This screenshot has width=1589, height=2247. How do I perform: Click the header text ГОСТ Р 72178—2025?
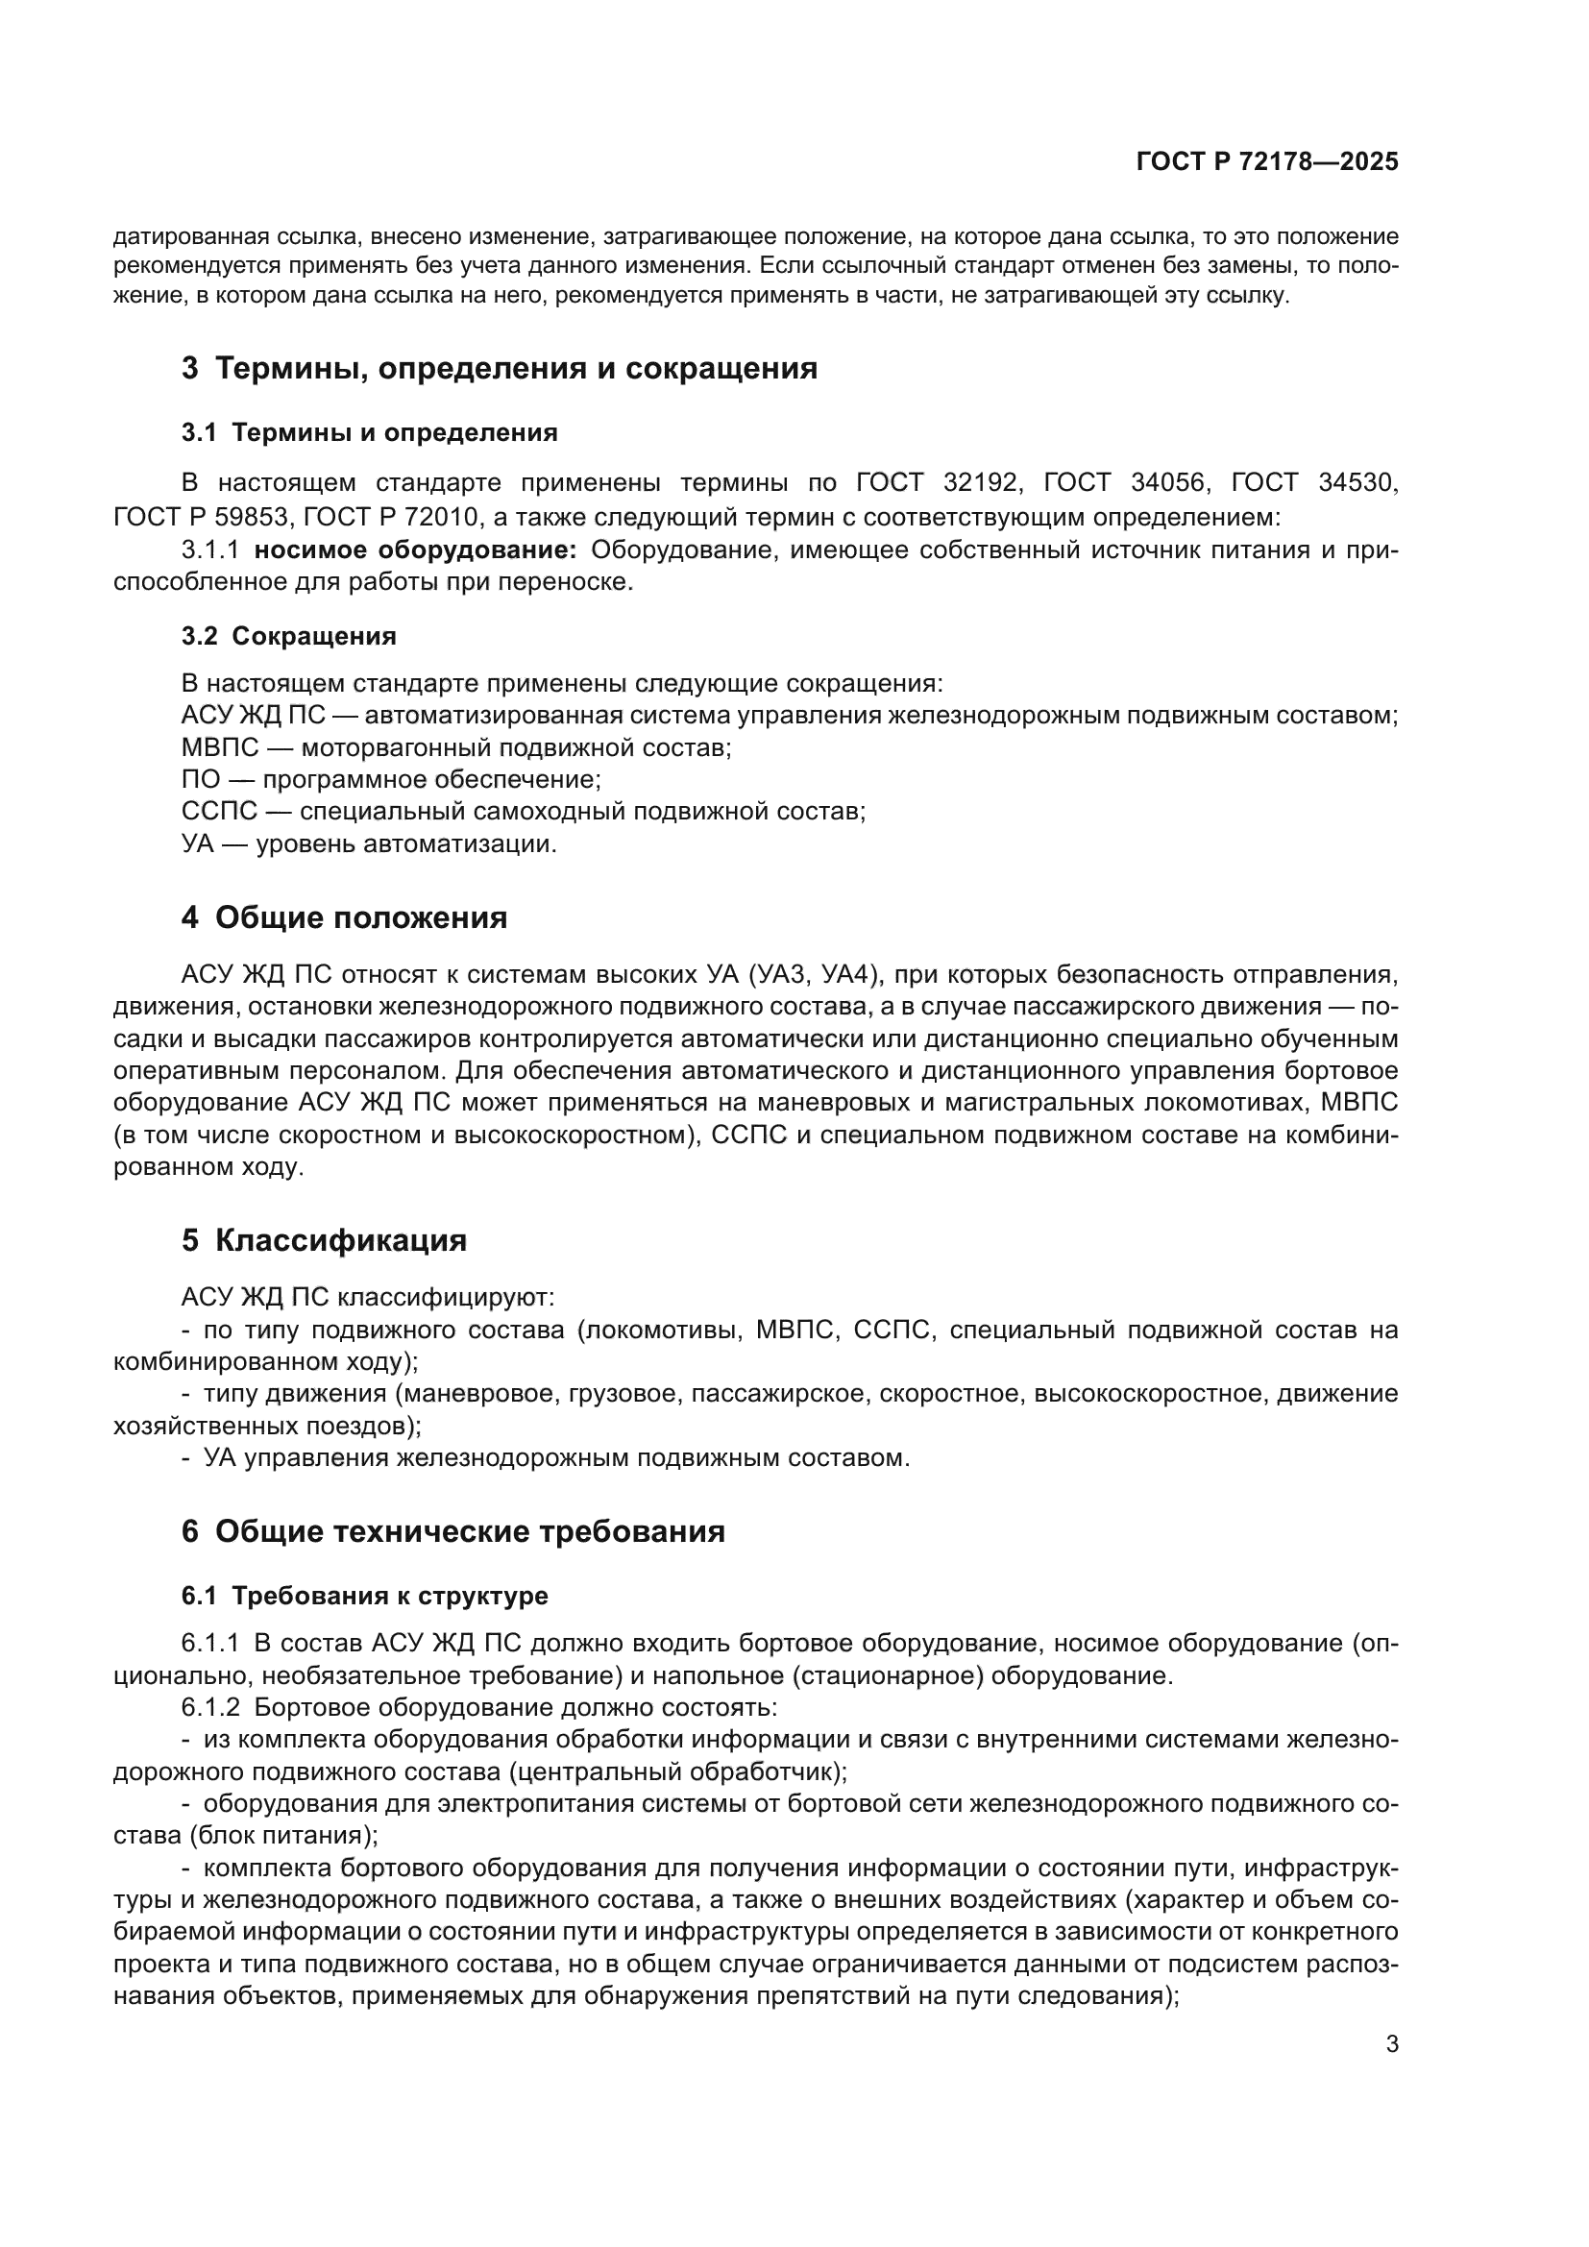(1266, 162)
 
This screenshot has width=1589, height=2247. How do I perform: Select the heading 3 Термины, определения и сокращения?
(499, 369)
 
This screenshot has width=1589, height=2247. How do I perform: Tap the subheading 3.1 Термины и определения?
(369, 432)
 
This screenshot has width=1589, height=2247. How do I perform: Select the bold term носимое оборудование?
(415, 550)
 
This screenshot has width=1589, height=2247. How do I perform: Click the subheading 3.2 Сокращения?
(288, 636)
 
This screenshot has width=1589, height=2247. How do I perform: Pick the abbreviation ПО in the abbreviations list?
(201, 780)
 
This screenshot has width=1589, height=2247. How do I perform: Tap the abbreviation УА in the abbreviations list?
(198, 843)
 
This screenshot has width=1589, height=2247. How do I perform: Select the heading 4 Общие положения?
(345, 918)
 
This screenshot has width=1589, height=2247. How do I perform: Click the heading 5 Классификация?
(324, 1241)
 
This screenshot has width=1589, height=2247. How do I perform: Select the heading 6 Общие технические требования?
(453, 1531)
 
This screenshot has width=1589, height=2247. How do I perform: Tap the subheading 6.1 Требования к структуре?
(364, 1597)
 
